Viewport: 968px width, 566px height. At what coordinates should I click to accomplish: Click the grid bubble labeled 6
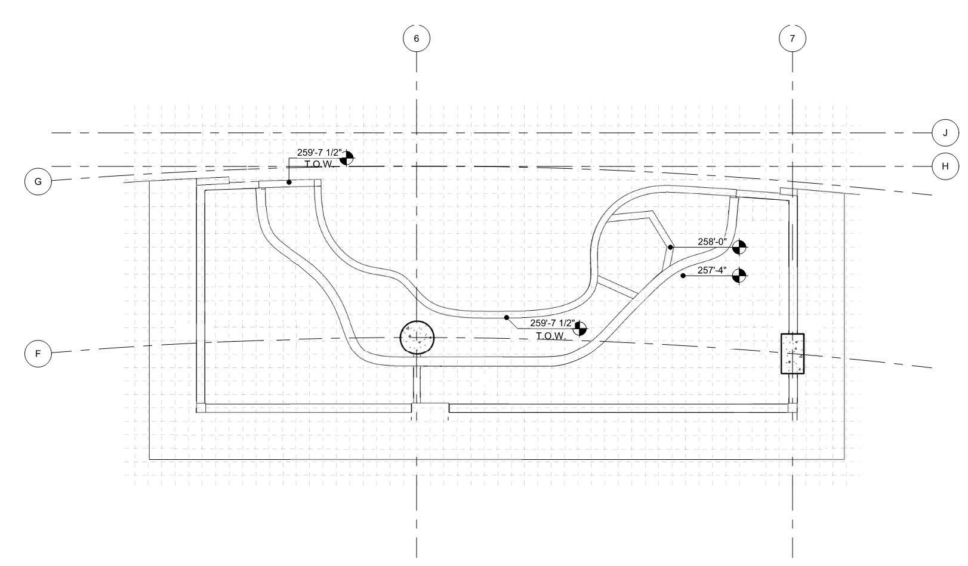pos(417,38)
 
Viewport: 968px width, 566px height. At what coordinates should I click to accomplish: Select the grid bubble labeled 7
pos(793,38)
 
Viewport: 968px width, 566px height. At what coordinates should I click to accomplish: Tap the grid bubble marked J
pos(945,132)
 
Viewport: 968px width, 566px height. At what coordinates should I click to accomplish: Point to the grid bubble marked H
pos(945,166)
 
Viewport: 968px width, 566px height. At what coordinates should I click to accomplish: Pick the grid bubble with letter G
pos(38,181)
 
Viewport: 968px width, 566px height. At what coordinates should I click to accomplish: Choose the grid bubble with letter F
pos(38,354)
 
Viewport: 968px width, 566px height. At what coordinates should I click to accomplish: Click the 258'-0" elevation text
pos(712,242)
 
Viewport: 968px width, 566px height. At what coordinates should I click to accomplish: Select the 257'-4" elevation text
pos(712,271)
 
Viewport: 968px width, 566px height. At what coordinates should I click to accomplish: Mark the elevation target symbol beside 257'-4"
pos(739,276)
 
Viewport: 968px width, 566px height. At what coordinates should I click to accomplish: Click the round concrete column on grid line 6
pos(417,338)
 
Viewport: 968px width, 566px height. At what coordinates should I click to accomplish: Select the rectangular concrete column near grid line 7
pos(793,354)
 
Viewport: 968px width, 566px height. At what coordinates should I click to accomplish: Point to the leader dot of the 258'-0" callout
pos(670,247)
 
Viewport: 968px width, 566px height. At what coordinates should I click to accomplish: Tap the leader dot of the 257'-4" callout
pos(683,276)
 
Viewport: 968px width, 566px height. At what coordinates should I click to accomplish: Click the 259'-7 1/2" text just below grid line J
pos(320,153)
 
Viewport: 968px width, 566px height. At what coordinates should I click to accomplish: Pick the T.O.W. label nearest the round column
pos(550,336)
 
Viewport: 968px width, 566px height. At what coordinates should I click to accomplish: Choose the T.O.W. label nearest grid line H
pos(318,164)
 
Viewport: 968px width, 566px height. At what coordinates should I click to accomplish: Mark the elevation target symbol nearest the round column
pos(579,328)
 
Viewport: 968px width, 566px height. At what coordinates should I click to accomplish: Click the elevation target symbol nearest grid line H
pos(347,158)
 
